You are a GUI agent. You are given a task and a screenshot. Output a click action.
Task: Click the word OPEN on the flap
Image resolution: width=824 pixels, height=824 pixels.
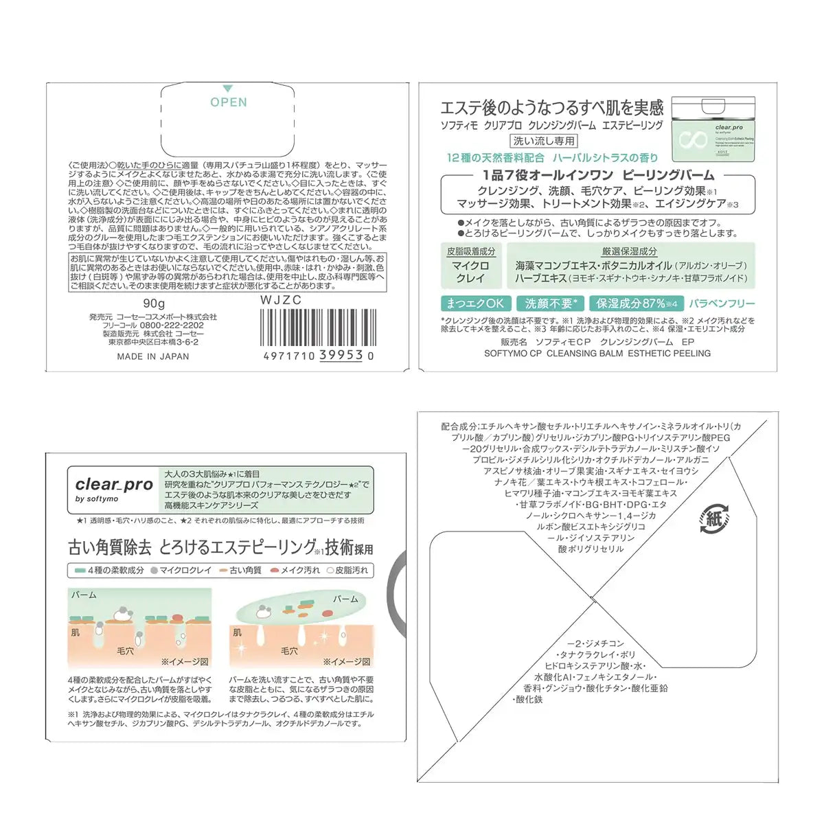click(x=228, y=102)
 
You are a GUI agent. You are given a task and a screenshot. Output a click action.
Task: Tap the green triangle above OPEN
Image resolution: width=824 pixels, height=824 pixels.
click(x=228, y=89)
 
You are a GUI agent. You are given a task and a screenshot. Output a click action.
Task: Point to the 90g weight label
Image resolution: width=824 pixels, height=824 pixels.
click(x=154, y=304)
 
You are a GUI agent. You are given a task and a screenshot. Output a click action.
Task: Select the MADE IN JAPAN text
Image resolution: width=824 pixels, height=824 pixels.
click(x=152, y=356)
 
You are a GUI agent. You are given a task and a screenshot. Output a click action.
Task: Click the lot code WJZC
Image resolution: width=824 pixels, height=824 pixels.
click(x=280, y=300)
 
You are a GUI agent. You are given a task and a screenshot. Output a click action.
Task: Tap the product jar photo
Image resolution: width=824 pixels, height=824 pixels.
click(x=713, y=130)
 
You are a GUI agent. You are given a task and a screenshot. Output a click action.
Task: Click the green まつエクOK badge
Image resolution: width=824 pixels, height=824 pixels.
click(x=475, y=304)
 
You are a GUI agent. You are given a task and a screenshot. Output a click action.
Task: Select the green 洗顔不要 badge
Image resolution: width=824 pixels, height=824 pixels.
click(x=551, y=304)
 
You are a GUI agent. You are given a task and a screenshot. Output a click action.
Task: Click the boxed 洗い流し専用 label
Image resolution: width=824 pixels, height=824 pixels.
click(x=544, y=141)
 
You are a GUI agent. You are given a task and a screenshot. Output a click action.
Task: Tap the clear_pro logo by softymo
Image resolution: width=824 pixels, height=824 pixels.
click(x=114, y=488)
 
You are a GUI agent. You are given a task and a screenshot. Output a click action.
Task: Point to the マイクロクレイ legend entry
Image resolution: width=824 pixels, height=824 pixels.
click(x=181, y=571)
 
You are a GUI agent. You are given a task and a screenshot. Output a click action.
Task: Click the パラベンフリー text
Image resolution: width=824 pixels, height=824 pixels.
click(x=722, y=304)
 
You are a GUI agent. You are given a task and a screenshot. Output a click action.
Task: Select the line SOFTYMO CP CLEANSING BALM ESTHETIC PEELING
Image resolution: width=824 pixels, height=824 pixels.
click(x=597, y=354)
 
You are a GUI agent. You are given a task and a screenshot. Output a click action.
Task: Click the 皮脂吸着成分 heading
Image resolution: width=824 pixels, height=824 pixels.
click(x=470, y=252)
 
